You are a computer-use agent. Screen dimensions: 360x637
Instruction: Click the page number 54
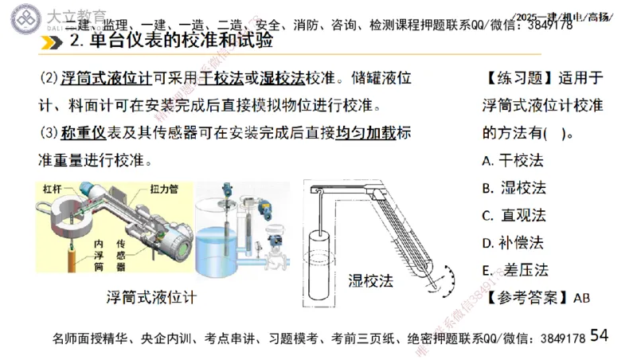pos(600,336)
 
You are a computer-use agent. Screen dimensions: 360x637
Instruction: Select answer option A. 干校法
pos(512,160)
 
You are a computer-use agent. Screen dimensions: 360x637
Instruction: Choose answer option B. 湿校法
pos(514,187)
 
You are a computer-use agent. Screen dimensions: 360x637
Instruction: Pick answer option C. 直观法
pos(514,215)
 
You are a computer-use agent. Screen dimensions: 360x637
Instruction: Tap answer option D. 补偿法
pos(513,242)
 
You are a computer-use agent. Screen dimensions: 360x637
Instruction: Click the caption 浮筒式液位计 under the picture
pos(151,298)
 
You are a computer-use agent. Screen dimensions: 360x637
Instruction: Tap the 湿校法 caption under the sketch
pos(371,280)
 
